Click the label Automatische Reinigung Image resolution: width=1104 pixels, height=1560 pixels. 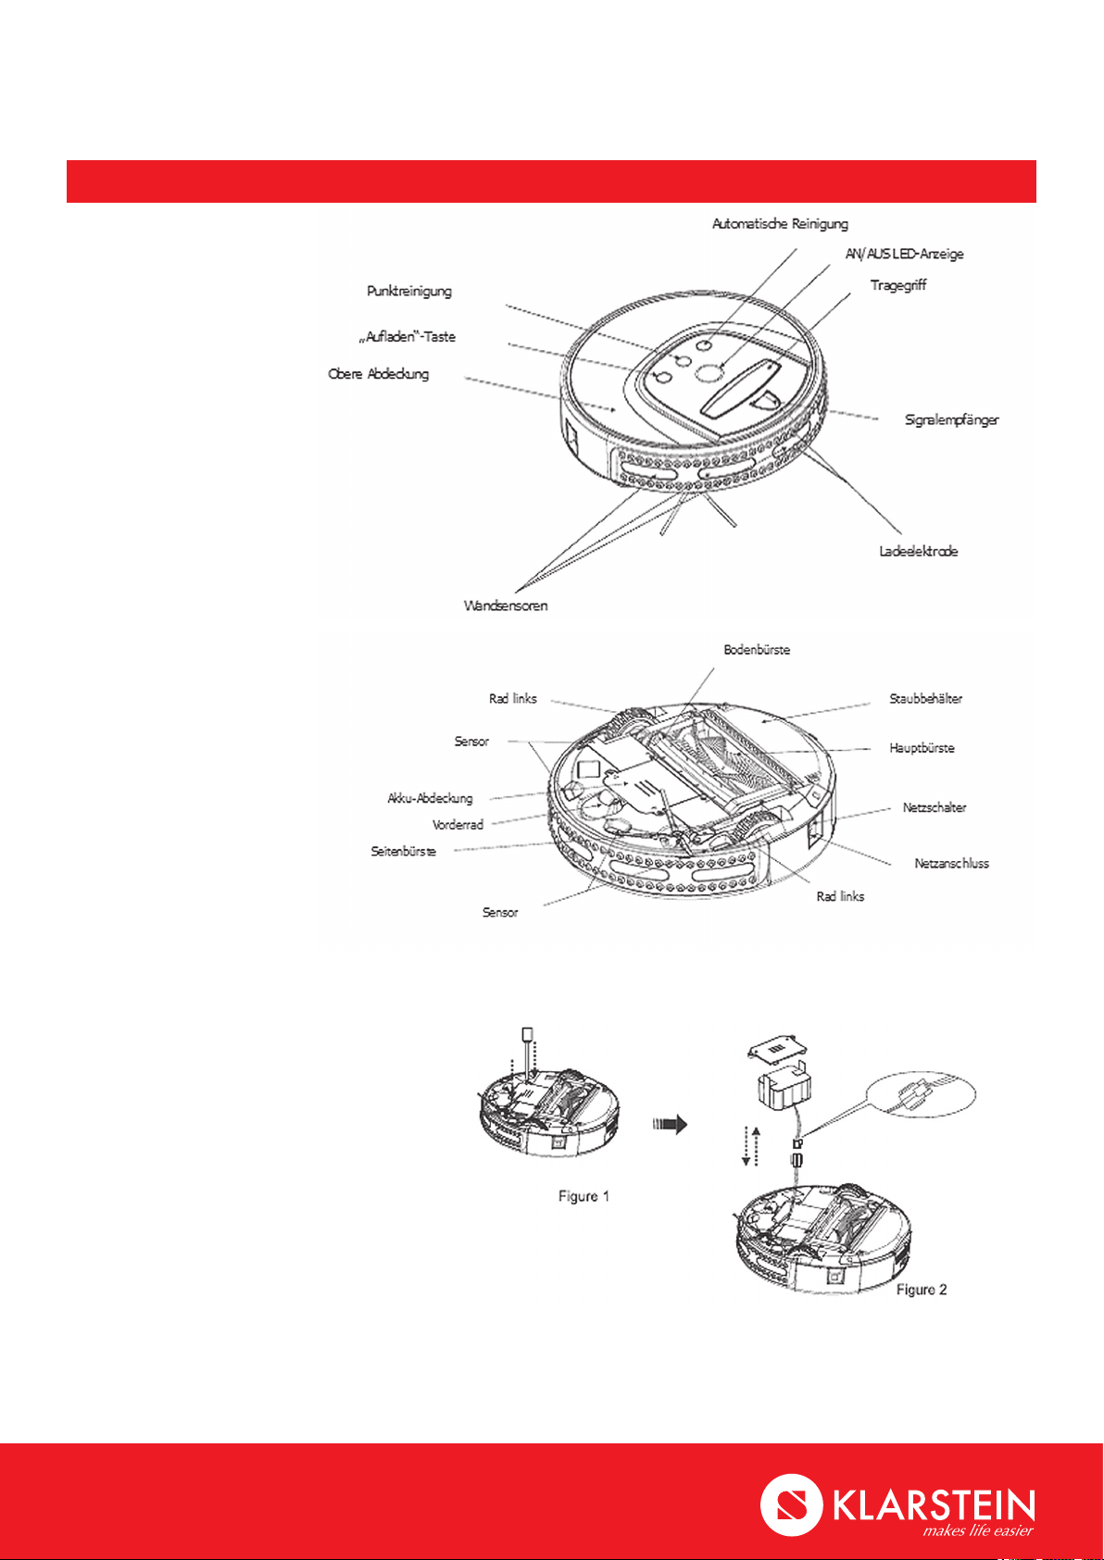click(x=780, y=224)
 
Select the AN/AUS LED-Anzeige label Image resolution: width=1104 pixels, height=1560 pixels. click(x=904, y=255)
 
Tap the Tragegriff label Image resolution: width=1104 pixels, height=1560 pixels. click(x=897, y=285)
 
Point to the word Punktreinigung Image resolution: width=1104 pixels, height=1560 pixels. click(x=408, y=291)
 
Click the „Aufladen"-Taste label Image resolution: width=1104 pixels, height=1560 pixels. click(x=407, y=337)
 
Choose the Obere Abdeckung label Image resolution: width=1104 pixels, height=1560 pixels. click(x=378, y=374)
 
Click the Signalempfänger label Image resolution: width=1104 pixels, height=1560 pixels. click(x=951, y=420)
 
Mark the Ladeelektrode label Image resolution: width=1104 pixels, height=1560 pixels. click(x=918, y=551)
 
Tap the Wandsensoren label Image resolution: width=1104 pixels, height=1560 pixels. click(x=506, y=605)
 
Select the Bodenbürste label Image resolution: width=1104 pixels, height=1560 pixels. click(x=757, y=650)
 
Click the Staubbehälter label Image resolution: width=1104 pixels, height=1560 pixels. click(x=925, y=698)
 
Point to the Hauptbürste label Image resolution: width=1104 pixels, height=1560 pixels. click(x=922, y=748)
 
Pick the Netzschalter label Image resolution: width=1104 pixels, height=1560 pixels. click(x=934, y=808)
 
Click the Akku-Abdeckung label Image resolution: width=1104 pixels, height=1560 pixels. click(x=430, y=798)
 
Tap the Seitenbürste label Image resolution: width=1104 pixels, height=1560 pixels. click(x=403, y=851)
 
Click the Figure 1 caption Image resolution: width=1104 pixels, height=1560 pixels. click(x=583, y=1196)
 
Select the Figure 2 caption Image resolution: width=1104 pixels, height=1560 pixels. click(x=921, y=1290)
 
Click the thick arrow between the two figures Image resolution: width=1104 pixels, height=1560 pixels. click(x=670, y=1124)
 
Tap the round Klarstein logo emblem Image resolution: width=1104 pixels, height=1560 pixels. click(x=791, y=1504)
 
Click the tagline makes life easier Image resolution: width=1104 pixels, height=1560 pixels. click(x=977, y=1530)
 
